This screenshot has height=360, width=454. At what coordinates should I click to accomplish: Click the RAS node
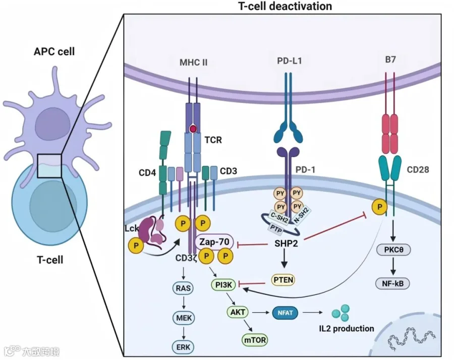click(x=183, y=288)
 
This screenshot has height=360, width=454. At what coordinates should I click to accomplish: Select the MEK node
click(x=184, y=318)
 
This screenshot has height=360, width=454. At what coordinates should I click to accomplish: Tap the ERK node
click(x=183, y=347)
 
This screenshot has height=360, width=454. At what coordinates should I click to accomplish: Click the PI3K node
click(x=224, y=285)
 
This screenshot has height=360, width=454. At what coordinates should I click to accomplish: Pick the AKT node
click(x=238, y=312)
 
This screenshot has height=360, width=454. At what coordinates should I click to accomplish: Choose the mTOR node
click(x=255, y=340)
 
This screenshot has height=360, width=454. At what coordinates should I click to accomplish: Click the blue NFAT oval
click(x=285, y=313)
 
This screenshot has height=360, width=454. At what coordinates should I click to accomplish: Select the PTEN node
click(x=283, y=280)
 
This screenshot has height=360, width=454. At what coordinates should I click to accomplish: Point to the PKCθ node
click(x=393, y=250)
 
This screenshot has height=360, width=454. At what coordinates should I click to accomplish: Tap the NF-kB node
click(x=393, y=283)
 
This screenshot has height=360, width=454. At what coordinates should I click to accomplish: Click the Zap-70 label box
click(x=214, y=242)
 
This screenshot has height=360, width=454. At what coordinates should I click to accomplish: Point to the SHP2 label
click(x=286, y=244)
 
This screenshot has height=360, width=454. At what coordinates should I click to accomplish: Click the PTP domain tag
click(x=275, y=228)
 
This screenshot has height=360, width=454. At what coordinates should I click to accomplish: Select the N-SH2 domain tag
click(x=302, y=215)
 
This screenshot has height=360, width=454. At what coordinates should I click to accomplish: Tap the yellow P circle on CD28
click(x=379, y=207)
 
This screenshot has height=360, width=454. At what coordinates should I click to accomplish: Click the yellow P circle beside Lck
click(x=136, y=246)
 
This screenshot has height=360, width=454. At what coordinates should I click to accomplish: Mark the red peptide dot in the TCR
click(x=193, y=129)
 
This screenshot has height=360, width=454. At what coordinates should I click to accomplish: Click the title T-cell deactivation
click(x=285, y=6)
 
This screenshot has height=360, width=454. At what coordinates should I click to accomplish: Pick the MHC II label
click(x=193, y=62)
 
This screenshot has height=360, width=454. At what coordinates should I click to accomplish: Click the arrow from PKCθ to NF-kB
click(x=393, y=267)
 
